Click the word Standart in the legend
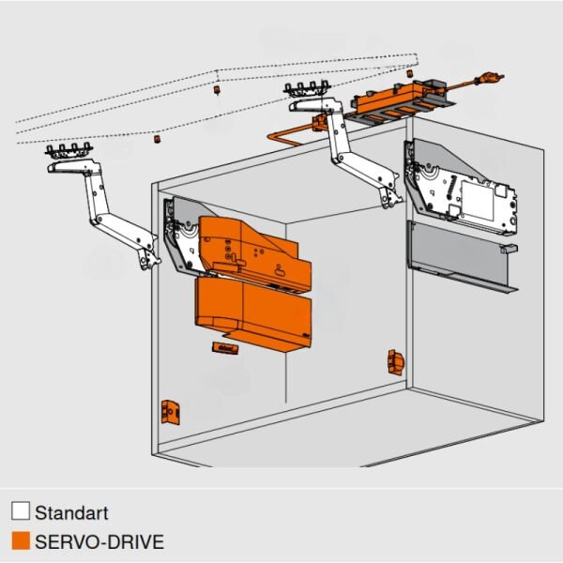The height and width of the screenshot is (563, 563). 71,513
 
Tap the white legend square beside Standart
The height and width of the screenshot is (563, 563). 20,513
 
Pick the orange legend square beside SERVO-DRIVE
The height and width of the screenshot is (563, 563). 20,541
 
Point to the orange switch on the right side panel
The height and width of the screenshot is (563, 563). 393,360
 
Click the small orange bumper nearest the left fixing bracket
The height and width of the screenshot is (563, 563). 158,138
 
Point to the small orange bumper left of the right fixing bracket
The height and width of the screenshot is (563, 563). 215,91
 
